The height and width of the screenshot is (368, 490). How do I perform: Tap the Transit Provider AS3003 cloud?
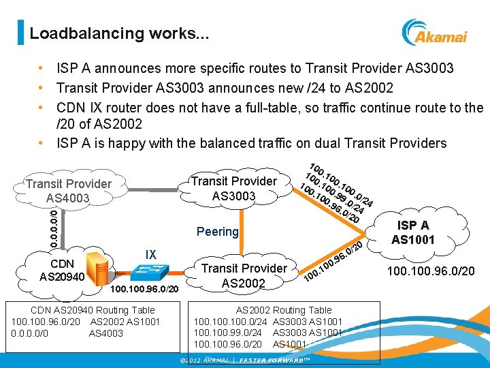(233, 188)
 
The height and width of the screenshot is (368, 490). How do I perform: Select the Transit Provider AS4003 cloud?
(68, 191)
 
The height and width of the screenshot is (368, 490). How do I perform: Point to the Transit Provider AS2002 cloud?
(244, 275)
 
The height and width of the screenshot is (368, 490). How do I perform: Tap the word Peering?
(217, 232)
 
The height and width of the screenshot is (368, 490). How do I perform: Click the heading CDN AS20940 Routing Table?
(84, 310)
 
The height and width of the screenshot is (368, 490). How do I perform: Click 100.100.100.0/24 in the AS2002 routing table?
(232, 321)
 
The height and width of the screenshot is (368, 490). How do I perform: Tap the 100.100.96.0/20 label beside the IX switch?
(145, 289)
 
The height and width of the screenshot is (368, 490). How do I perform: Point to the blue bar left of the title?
(20, 33)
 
